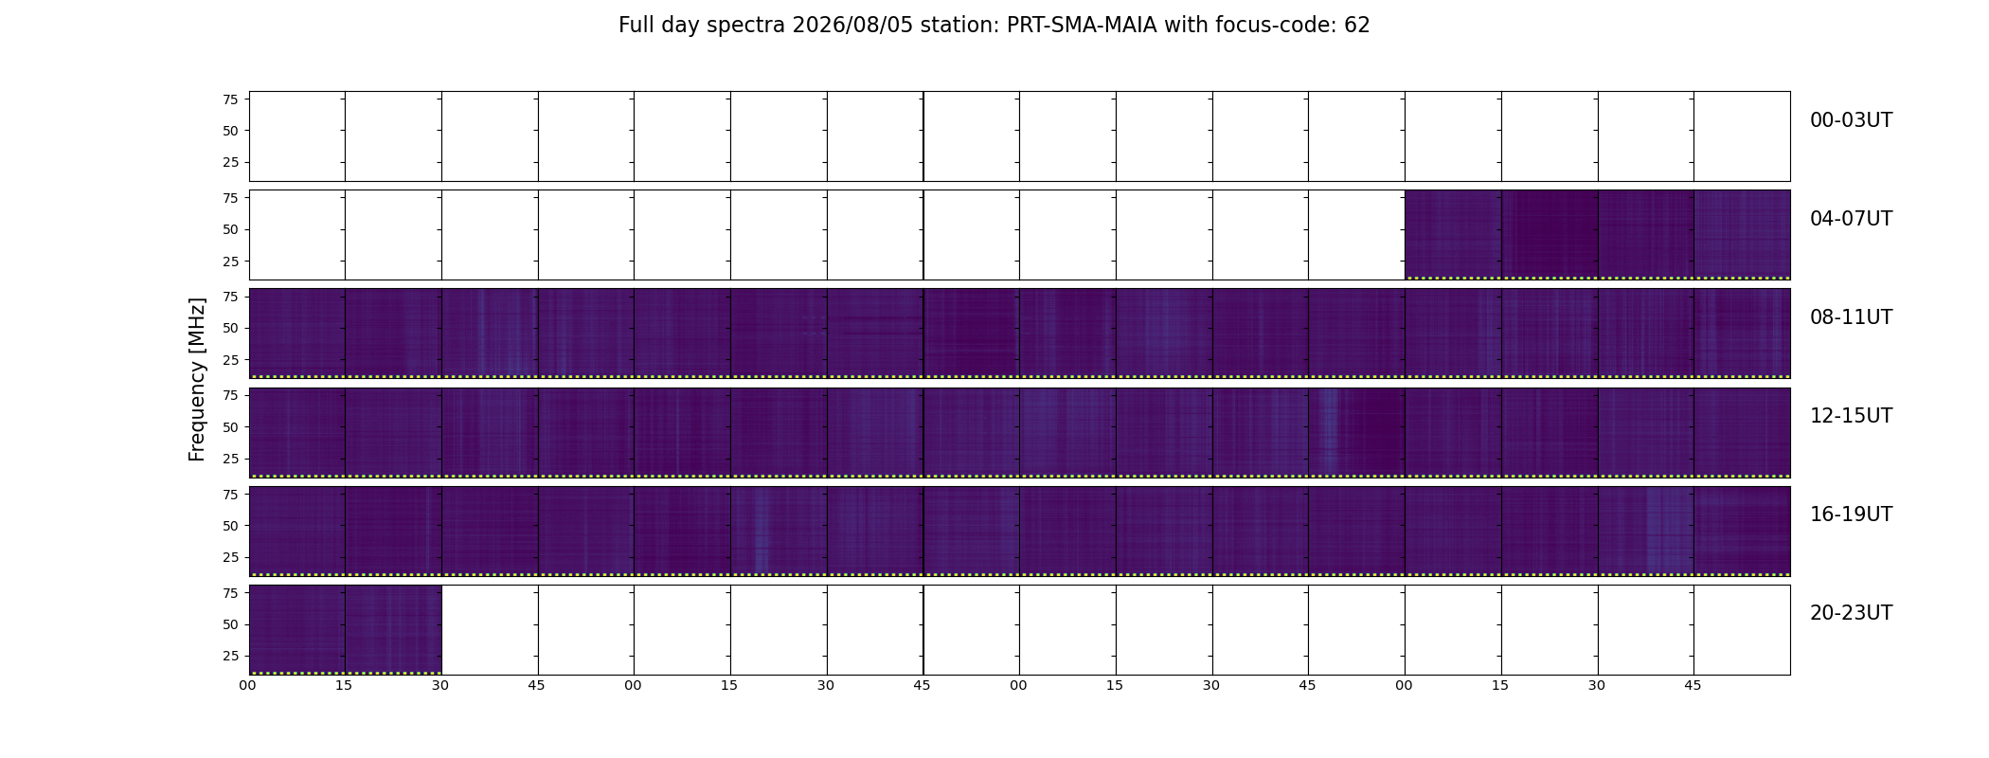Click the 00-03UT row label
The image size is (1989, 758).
pos(1851,120)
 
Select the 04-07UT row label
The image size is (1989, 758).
pos(1851,219)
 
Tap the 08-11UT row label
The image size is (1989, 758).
pos(1851,317)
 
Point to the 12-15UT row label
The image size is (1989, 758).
pos(1851,416)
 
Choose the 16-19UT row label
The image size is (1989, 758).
pos(1851,514)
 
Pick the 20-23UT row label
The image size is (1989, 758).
pos(1851,613)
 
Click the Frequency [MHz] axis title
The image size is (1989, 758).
pos(197,380)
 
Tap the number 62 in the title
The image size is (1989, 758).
pos(1357,26)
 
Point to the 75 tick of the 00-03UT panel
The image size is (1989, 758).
pos(230,99)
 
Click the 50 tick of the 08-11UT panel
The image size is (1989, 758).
pos(230,329)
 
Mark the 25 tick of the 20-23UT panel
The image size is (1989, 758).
pos(230,656)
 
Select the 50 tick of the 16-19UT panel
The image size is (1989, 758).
pos(230,526)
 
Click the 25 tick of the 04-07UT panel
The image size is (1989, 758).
pos(230,262)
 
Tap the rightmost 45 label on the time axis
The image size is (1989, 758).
pos(1693,685)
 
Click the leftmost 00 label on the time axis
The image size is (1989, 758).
pos(247,685)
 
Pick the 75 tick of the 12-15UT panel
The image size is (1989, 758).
pos(230,395)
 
